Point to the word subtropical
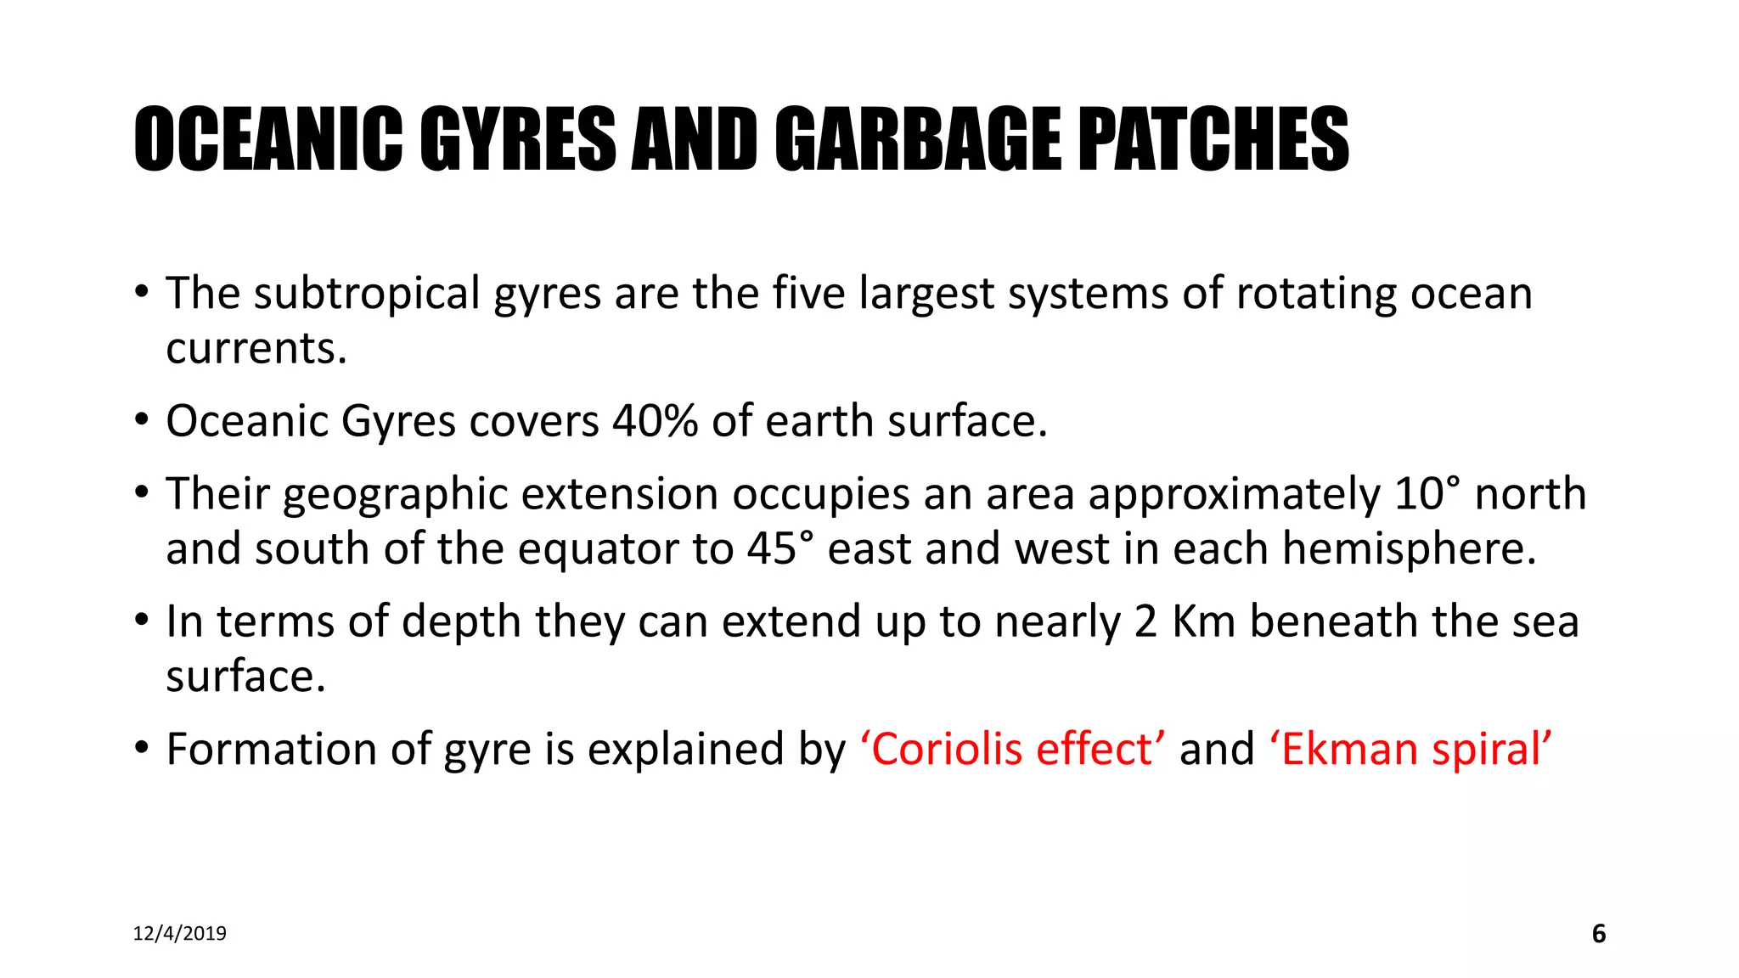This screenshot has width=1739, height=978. pyautogui.click(x=367, y=294)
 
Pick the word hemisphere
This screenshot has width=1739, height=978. pyautogui.click(x=1409, y=548)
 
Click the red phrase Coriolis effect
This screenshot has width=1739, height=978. pyautogui.click(x=1012, y=749)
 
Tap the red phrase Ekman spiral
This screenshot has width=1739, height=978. pyautogui.click(x=1411, y=749)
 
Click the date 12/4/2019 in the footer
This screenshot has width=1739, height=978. pyautogui.click(x=180, y=934)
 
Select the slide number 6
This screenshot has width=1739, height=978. pyautogui.click(x=1599, y=934)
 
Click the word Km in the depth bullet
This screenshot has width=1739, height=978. pyautogui.click(x=1203, y=621)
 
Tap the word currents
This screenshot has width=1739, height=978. pyautogui.click(x=256, y=349)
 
